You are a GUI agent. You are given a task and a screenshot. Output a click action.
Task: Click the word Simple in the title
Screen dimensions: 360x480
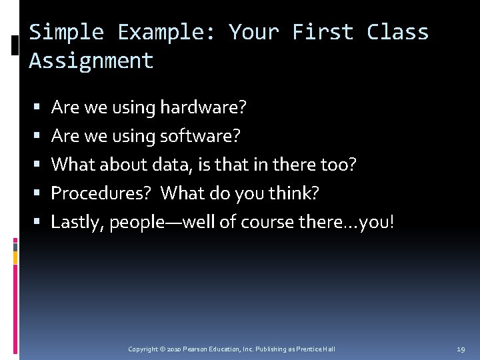[67, 32]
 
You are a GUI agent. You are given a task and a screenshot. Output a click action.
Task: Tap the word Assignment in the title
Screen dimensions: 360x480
[91, 61]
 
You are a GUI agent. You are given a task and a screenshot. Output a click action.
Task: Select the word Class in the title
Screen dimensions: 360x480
[398, 32]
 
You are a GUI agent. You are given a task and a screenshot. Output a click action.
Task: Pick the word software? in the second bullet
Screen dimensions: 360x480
[199, 136]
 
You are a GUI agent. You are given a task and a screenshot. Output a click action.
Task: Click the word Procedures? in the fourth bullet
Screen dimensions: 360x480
[102, 193]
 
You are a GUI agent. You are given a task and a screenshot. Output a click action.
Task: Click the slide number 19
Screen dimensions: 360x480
[461, 349]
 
